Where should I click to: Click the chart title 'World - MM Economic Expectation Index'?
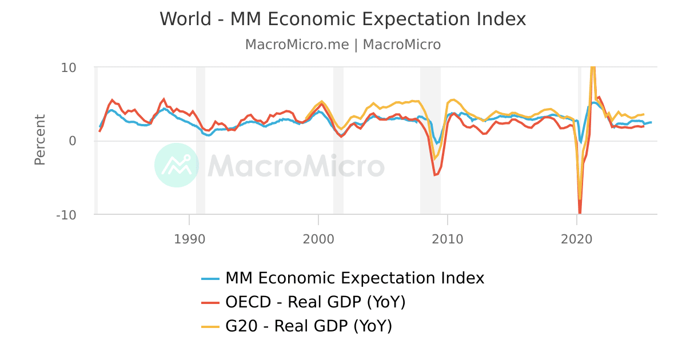(x=342, y=19)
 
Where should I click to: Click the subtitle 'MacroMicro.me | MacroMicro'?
(x=342, y=45)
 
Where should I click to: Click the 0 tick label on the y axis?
(x=72, y=141)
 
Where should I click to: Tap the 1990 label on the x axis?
(x=189, y=238)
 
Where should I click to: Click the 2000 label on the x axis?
(x=318, y=238)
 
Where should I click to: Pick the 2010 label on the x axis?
(x=448, y=238)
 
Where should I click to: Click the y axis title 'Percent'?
(x=39, y=140)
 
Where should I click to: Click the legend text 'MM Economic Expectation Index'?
(x=354, y=278)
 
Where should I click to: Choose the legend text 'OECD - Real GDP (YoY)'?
(x=316, y=302)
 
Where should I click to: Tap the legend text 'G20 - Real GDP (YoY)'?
(x=309, y=326)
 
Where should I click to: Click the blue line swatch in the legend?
(x=210, y=279)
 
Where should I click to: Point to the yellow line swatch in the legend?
(x=210, y=327)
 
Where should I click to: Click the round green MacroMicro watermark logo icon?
(x=177, y=165)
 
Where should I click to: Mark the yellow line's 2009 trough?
(x=435, y=158)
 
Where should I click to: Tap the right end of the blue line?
(x=651, y=122)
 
